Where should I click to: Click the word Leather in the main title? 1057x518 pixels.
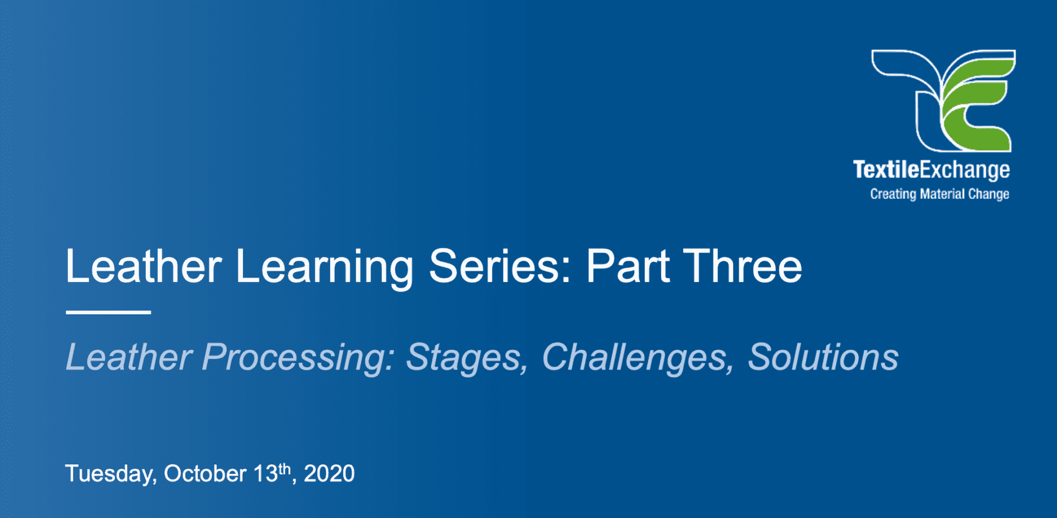click(x=143, y=266)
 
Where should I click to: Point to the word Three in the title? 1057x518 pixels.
click(x=742, y=266)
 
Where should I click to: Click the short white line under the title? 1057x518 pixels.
click(x=108, y=312)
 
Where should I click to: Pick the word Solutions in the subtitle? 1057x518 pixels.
click(x=822, y=357)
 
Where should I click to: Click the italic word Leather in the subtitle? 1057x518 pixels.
click(x=129, y=357)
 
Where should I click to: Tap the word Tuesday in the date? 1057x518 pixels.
click(x=111, y=474)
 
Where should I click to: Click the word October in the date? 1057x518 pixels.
click(x=205, y=473)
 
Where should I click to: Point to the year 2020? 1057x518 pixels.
click(x=329, y=473)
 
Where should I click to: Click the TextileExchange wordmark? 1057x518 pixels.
click(x=931, y=170)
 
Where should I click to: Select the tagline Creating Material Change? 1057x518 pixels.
click(x=939, y=194)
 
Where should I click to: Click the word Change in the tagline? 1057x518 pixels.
click(x=988, y=194)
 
